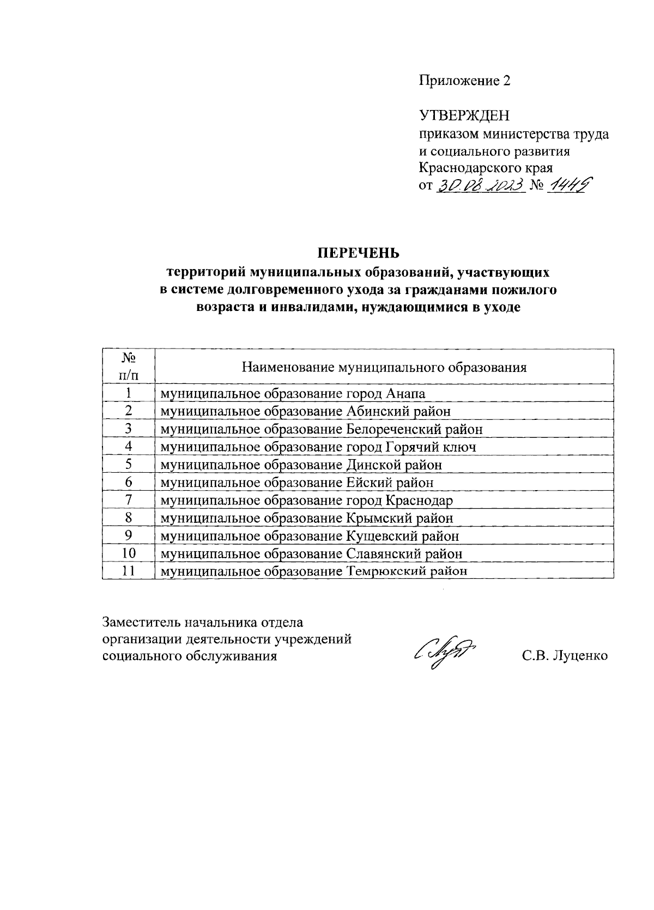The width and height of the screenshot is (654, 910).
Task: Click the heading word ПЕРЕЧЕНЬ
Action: click(359, 253)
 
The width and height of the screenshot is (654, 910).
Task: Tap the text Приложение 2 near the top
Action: click(465, 81)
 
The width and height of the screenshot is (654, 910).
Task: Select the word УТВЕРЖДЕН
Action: click(464, 115)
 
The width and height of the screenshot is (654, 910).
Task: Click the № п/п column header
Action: click(128, 367)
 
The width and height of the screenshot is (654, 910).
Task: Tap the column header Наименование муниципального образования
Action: click(384, 367)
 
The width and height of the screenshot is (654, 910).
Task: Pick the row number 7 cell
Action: click(128, 500)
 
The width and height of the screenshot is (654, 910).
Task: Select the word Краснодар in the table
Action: click(419, 500)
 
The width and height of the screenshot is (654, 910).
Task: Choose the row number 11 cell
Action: click(128, 571)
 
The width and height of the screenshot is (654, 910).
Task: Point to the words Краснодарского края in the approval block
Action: click(486, 168)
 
